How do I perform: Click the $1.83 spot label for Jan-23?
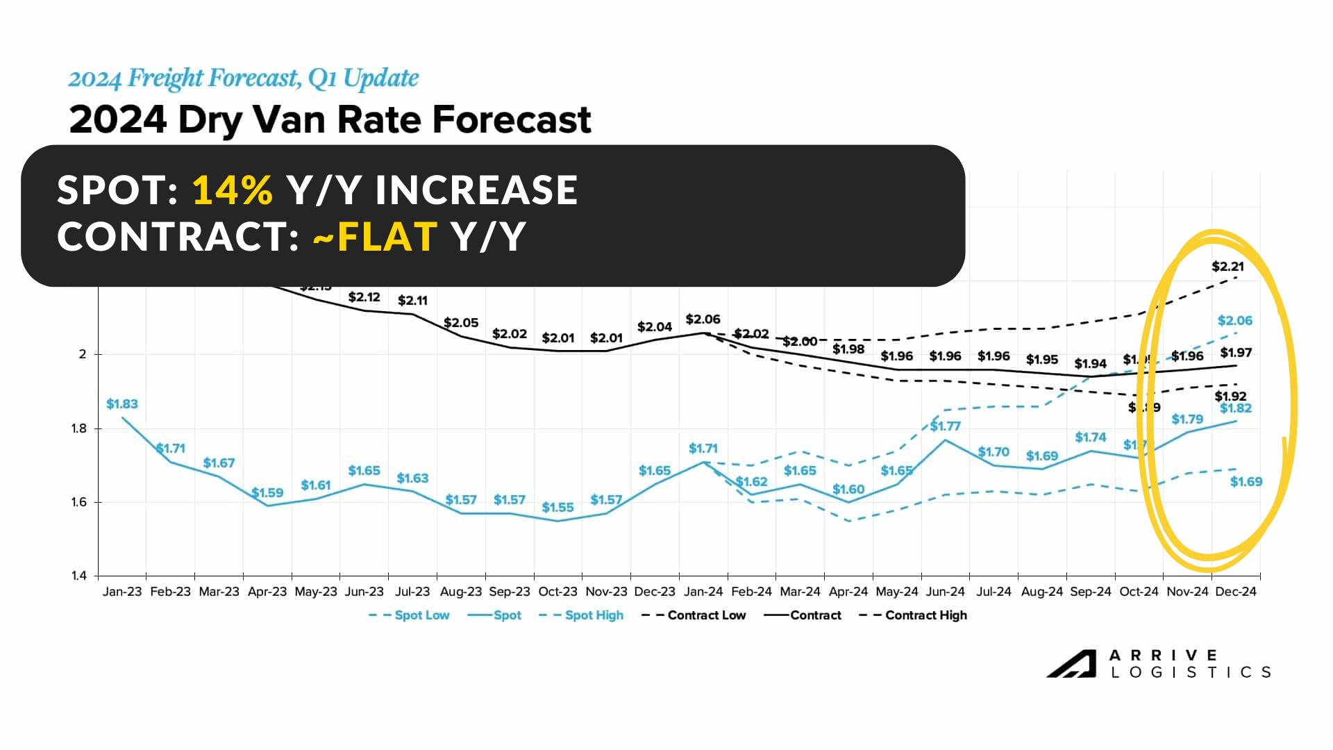(122, 404)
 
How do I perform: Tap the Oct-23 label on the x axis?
(557, 592)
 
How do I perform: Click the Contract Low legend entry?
(694, 615)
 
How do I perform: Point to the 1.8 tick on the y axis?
(78, 428)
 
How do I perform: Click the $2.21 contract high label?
(1227, 267)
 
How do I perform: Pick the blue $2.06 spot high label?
(1235, 321)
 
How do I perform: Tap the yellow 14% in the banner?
(233, 190)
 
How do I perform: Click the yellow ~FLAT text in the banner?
(376, 236)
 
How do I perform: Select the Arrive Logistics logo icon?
(1071, 663)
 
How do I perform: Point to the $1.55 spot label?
(557, 508)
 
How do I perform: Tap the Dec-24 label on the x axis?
(1236, 592)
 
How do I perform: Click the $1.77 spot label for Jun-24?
(945, 426)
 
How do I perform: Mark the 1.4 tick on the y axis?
(78, 576)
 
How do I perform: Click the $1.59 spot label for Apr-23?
(267, 493)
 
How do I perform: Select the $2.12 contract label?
(364, 297)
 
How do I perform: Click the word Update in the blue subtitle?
(381, 78)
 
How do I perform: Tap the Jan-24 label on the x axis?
(703, 592)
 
